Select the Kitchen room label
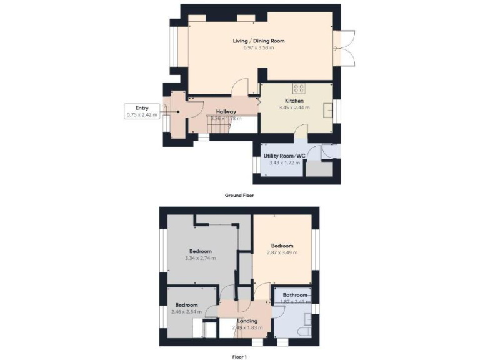click(294, 101)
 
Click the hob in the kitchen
click(299, 89)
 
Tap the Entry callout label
click(142, 107)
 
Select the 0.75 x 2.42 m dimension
click(142, 114)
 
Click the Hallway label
click(226, 111)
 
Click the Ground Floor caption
click(239, 196)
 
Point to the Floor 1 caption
click(239, 356)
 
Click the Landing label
click(247, 321)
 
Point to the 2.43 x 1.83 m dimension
click(247, 327)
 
